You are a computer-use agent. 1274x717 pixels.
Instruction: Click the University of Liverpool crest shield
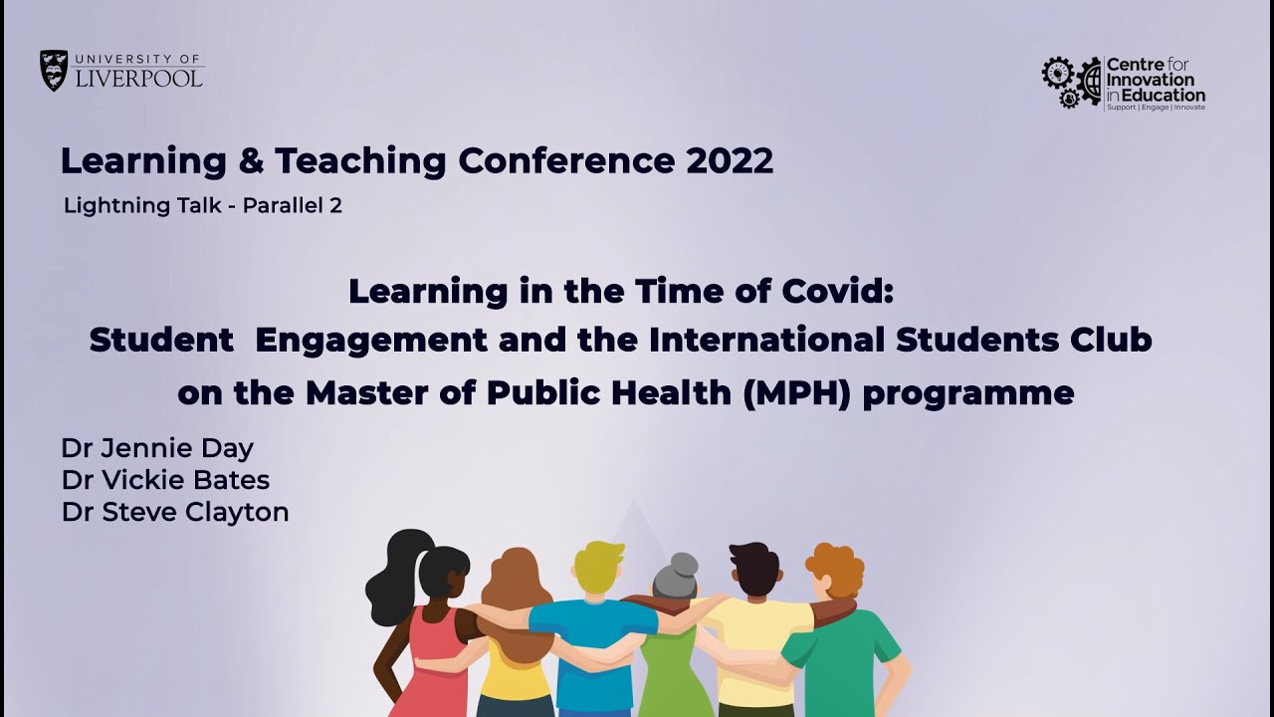pos(54,71)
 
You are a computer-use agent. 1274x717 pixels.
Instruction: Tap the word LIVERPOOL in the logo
pos(139,79)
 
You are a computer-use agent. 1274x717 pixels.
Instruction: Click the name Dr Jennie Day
pos(157,448)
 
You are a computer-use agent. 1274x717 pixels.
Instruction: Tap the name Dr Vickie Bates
pos(165,480)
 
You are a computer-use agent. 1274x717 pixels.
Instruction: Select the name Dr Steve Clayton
pos(175,512)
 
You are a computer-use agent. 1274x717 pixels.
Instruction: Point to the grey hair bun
pos(684,565)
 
